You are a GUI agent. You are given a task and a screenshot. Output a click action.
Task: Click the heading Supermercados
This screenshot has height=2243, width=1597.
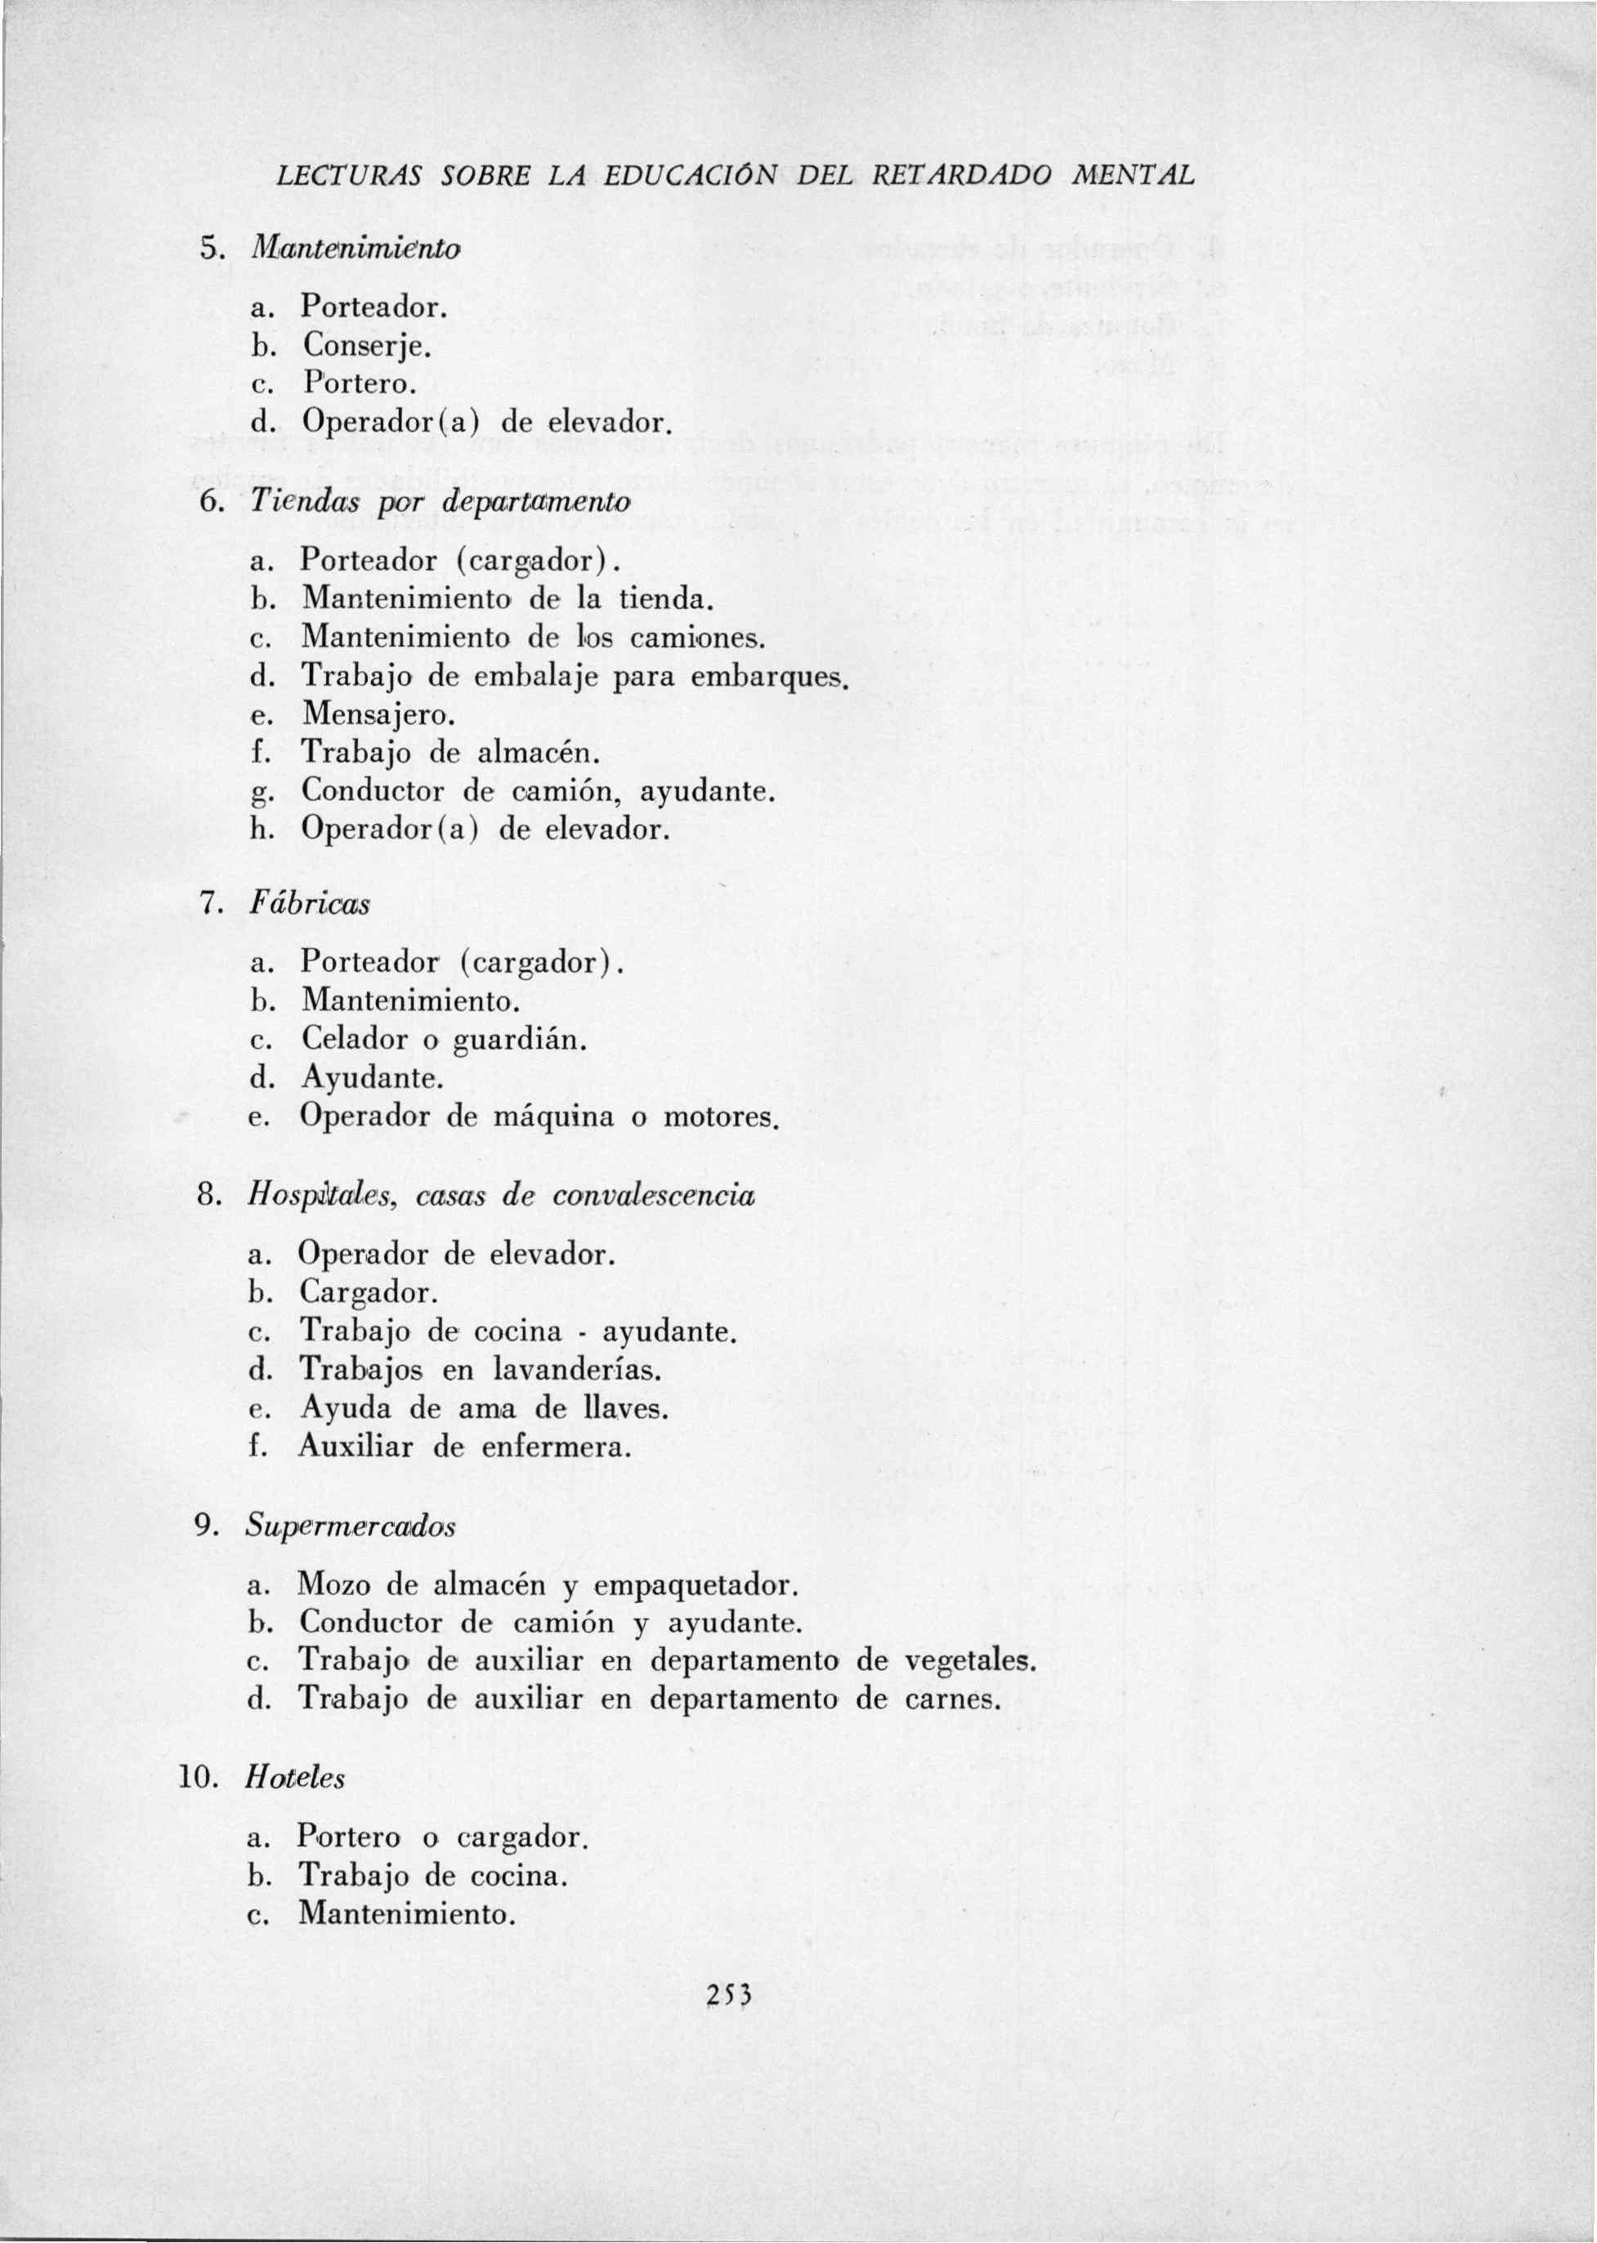pyautogui.click(x=351, y=1526)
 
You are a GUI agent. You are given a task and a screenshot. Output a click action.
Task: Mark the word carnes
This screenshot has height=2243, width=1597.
pyautogui.click(x=950, y=1699)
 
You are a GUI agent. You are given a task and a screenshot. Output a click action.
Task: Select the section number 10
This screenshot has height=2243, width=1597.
pyautogui.click(x=195, y=1778)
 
